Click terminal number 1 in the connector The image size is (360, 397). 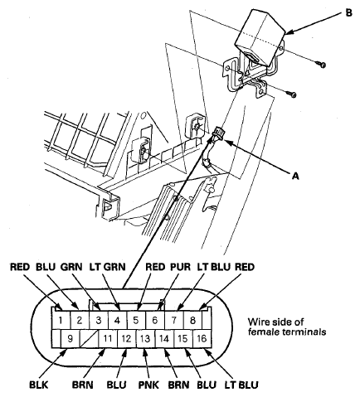61,318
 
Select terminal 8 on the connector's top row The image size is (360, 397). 193,318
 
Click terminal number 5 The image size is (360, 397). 137,318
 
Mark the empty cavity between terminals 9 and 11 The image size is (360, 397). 89,337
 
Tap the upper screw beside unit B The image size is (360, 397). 321,63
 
